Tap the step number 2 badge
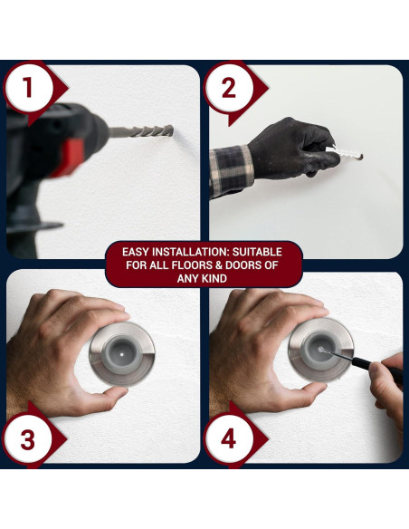tap(229, 89)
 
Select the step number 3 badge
tap(28, 439)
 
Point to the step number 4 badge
tap(229, 439)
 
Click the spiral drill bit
tap(141, 131)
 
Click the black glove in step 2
tap(292, 149)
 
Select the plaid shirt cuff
tap(231, 170)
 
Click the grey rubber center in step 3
tap(121, 354)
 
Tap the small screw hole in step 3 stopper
tap(121, 354)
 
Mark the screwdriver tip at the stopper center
tap(321, 350)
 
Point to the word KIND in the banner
tap(214, 279)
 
